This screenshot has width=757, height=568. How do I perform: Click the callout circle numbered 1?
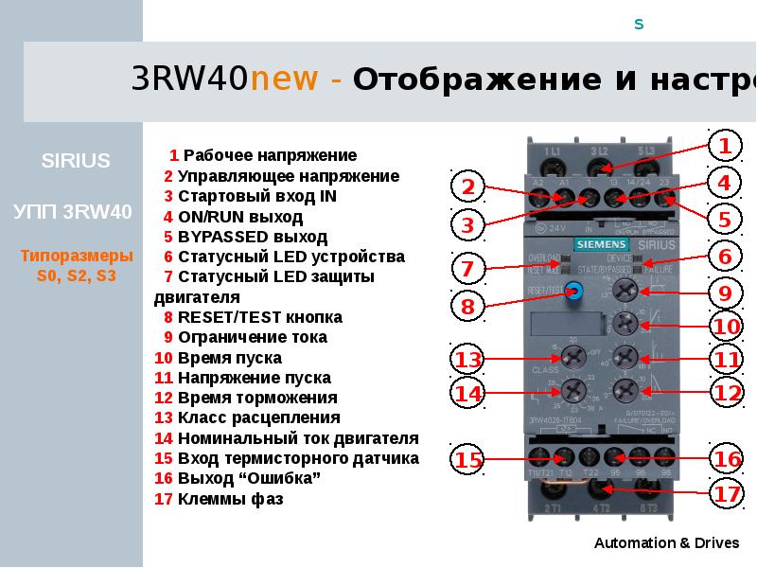(x=724, y=146)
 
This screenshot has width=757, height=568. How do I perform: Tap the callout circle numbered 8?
(x=467, y=306)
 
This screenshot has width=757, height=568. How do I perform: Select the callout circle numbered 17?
(x=725, y=493)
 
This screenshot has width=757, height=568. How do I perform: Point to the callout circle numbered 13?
(x=467, y=360)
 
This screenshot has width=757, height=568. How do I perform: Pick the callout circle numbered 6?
(x=724, y=257)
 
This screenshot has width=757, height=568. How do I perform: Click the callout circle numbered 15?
(x=467, y=460)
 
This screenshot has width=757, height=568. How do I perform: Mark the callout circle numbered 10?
(x=726, y=327)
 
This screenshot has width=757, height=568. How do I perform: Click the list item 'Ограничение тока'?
(x=253, y=337)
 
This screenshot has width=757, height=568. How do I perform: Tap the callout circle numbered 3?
(x=467, y=224)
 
